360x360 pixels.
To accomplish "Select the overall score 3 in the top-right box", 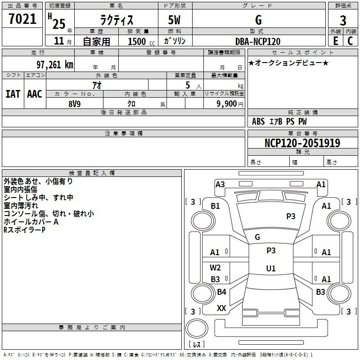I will [343, 20].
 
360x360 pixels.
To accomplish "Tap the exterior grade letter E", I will [335, 41].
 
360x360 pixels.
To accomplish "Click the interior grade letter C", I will [350, 41].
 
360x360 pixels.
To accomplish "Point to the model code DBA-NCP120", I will [258, 41].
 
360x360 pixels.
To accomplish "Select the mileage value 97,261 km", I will [54, 64].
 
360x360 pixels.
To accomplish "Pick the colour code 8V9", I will [74, 103].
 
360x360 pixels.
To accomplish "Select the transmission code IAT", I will [13, 94].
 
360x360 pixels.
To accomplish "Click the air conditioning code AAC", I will [35, 94].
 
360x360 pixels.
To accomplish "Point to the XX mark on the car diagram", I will [221, 308].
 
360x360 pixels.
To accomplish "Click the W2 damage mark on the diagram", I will [216, 268].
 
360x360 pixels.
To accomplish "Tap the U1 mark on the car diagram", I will [271, 269].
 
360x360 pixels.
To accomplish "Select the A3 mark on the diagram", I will [220, 184].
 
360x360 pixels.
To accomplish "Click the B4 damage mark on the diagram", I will [221, 292].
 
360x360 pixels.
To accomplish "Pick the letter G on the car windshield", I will [257, 237].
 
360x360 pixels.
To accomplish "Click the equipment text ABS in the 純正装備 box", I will [258, 121].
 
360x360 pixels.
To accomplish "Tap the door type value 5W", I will [175, 20].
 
